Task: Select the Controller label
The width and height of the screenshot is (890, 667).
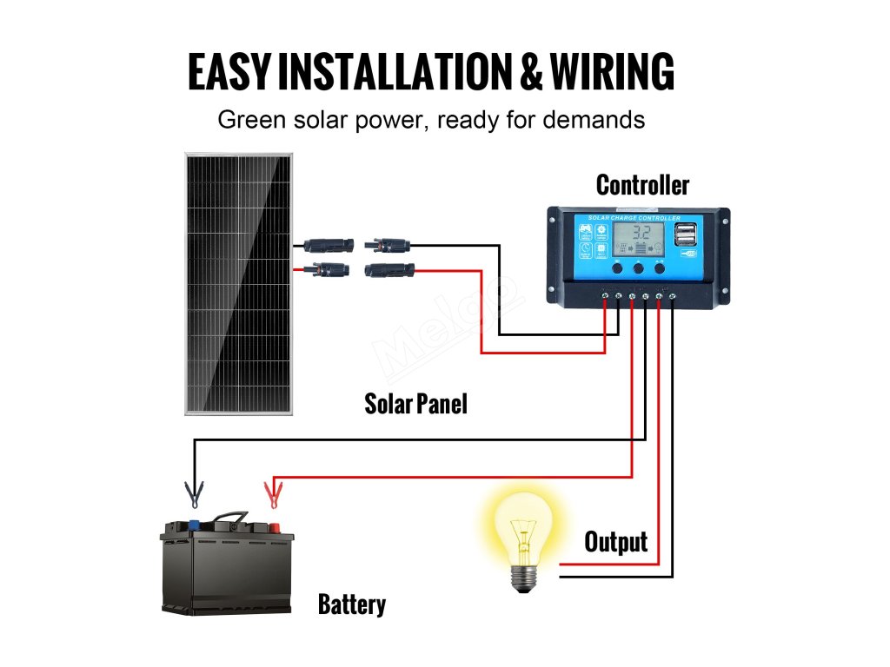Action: pyautogui.click(x=642, y=185)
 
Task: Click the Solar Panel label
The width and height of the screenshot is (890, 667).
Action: pyautogui.click(x=415, y=404)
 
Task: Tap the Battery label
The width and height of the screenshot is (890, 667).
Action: pyautogui.click(x=352, y=604)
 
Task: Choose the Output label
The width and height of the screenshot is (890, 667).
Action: pyautogui.click(x=615, y=542)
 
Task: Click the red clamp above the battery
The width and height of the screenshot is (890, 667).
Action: pyautogui.click(x=273, y=496)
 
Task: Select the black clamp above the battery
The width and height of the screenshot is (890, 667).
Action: pyautogui.click(x=194, y=495)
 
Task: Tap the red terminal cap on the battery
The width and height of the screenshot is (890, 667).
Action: pyautogui.click(x=272, y=525)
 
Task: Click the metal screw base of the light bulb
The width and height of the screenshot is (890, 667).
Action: pyautogui.click(x=522, y=576)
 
